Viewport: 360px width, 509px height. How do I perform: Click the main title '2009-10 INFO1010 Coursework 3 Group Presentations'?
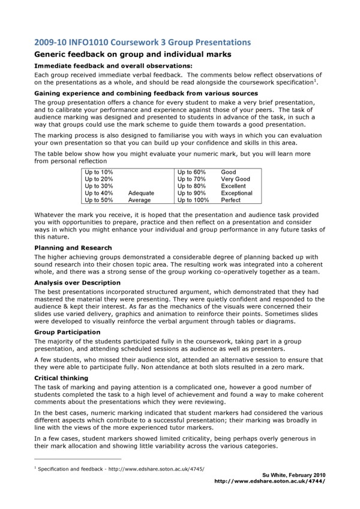pos(141,42)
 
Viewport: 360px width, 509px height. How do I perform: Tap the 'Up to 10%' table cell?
pos(99,172)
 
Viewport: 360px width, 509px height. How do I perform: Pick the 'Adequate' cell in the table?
pos(141,194)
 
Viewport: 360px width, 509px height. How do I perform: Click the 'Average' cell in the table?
pos(139,201)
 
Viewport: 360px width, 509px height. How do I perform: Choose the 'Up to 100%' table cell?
pos(193,201)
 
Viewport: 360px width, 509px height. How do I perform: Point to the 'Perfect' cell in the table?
pos(230,201)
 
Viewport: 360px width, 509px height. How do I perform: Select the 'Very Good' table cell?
pos(235,179)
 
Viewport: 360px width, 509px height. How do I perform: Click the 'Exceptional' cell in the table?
pos(236,194)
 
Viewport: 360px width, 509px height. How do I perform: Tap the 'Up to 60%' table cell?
pos(191,172)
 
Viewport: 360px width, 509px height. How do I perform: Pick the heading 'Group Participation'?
pos(67,332)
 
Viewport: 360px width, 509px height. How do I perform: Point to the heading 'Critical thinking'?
pos(61,378)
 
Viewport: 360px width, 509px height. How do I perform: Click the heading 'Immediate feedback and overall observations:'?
pos(113,65)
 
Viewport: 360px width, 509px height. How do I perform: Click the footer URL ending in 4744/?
pos(271,480)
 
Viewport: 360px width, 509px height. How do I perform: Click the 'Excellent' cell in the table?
pos(233,186)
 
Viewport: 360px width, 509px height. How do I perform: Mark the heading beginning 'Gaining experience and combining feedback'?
pos(146,94)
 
